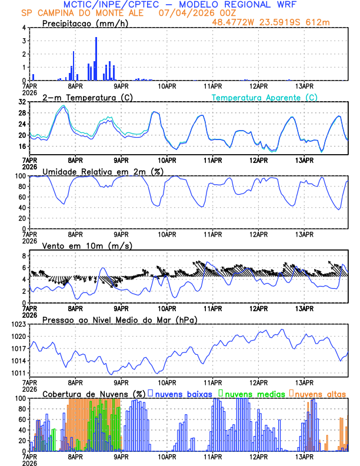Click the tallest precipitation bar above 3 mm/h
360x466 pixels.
click(96, 58)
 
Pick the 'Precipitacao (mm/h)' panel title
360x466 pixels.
click(85, 24)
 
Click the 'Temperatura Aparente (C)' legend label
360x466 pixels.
click(265, 97)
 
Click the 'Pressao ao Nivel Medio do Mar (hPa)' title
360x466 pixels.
click(119, 319)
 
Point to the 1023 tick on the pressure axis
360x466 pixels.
click(18, 324)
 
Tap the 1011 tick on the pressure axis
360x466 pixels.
click(18, 374)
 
